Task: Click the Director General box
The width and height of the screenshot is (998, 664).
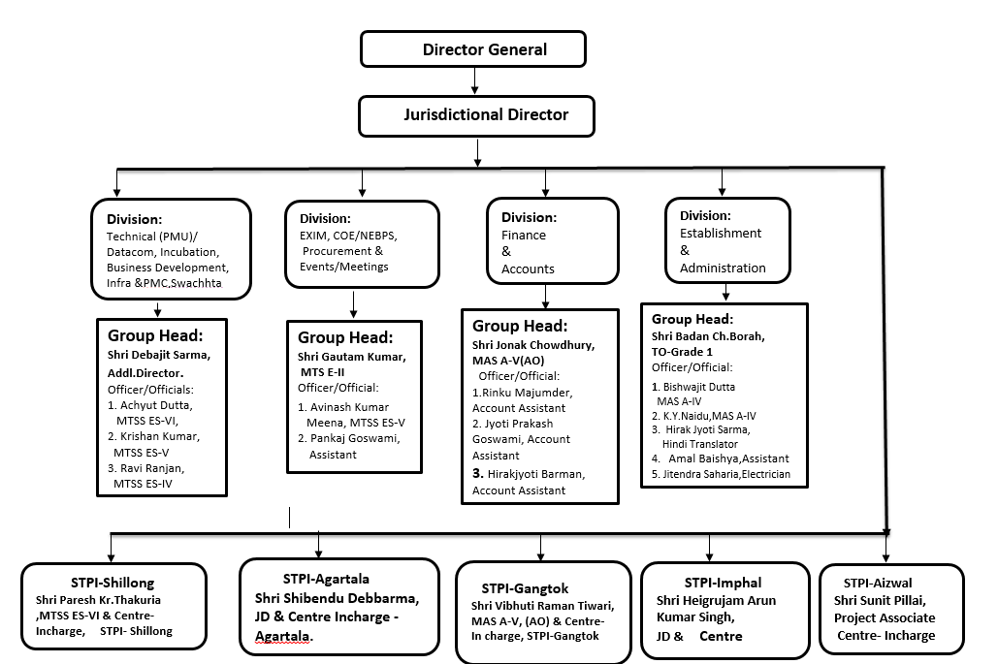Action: coord(472,49)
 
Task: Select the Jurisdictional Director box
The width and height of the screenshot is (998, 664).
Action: coord(476,115)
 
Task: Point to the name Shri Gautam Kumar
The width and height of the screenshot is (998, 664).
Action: coord(352,357)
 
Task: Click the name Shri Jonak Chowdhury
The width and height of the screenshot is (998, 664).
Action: coord(532,345)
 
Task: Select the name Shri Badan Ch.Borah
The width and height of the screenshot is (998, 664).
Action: coord(708,335)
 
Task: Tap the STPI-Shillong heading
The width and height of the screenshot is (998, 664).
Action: coord(113,583)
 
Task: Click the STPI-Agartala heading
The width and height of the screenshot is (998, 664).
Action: coord(327,579)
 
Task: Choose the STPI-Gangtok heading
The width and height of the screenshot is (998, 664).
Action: coord(525,587)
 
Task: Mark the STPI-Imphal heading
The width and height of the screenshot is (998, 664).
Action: coord(723,583)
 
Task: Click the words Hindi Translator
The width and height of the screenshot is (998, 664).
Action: coord(700,443)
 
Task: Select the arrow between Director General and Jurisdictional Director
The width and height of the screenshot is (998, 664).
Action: coord(474,80)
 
